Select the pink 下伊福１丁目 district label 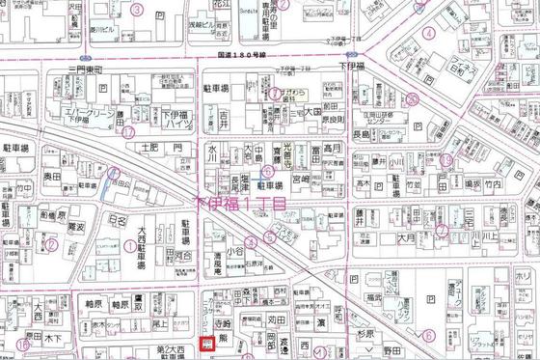[x=240, y=204]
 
